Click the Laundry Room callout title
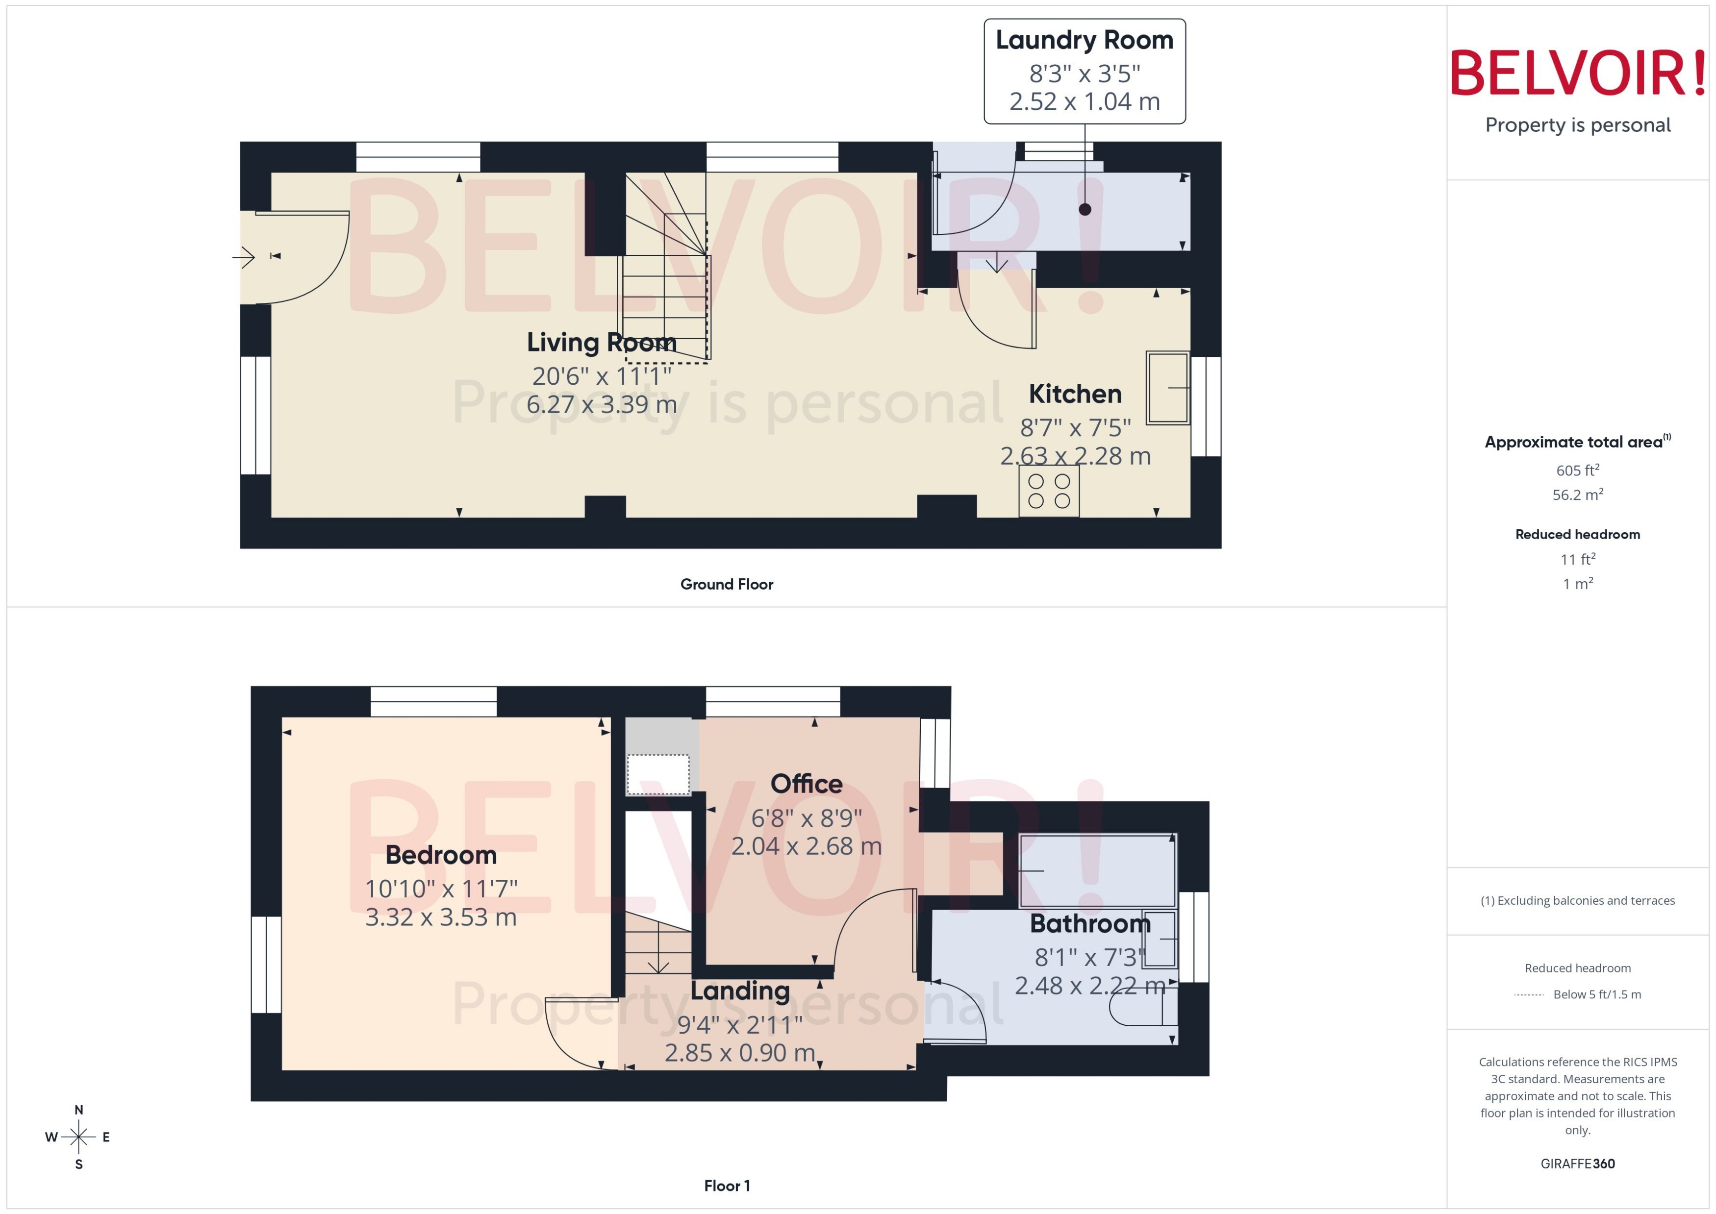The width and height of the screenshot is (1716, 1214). pos(1084,40)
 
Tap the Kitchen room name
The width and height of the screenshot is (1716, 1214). pos(1075,394)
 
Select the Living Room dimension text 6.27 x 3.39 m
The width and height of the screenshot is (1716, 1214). pos(601,404)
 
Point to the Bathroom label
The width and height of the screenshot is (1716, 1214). pos(1089,923)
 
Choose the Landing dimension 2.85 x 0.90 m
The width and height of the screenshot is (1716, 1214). pos(739,1053)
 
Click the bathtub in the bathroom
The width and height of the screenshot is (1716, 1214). pos(1096,870)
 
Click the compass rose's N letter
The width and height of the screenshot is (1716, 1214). pos(78,1110)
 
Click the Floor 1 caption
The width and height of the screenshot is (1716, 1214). pos(726,1186)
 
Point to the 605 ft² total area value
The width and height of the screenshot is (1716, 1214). pos(1577,470)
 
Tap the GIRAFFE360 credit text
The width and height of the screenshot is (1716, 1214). pos(1577,1164)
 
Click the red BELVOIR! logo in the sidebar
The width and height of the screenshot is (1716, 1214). pos(1577,73)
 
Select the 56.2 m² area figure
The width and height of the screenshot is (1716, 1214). pos(1577,495)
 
